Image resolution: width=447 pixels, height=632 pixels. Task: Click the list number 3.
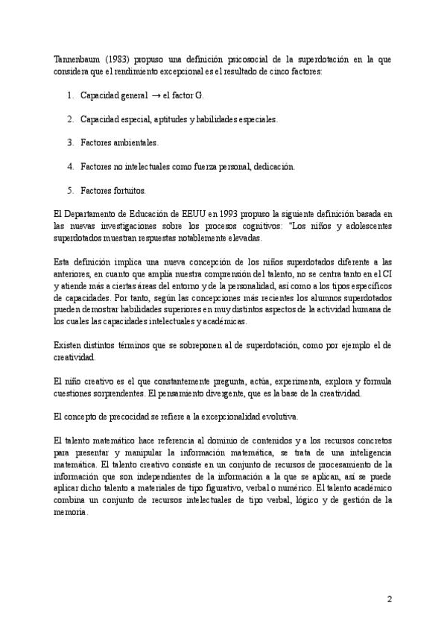[x=69, y=142]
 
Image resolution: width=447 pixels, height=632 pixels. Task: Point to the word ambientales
[x=134, y=142]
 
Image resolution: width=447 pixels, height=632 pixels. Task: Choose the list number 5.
[x=69, y=189]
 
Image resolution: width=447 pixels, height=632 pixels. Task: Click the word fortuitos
[x=128, y=189]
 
